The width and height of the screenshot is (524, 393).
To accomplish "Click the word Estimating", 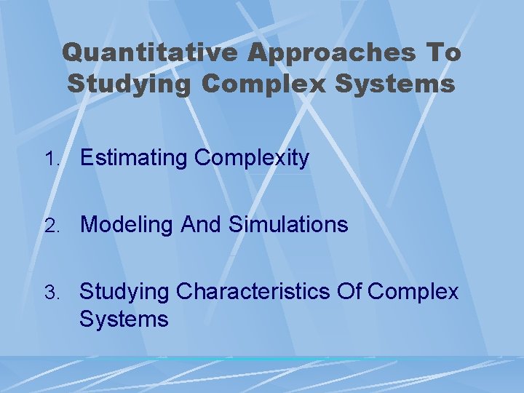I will click(137, 158).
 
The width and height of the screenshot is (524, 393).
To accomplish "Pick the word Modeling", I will click(124, 225).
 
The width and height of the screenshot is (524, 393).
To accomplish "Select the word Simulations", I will click(288, 225).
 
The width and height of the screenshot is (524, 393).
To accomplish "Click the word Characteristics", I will click(254, 292).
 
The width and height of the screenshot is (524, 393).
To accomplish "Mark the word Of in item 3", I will click(352, 292).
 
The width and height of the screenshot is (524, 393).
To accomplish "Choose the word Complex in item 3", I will click(414, 292).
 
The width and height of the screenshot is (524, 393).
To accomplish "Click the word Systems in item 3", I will click(124, 319).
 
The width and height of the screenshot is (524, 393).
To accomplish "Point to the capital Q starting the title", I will click(73, 53).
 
